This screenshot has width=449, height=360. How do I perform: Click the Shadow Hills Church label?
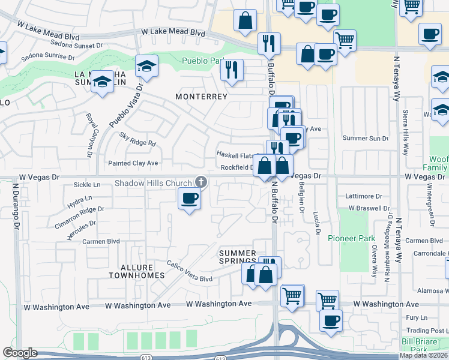[x=154, y=183]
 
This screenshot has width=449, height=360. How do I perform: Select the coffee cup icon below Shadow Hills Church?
[x=190, y=198]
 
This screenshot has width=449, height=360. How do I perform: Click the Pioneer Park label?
[x=351, y=238]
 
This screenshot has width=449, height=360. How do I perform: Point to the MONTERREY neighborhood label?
[x=201, y=97]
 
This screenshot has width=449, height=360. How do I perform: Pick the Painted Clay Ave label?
[x=133, y=163]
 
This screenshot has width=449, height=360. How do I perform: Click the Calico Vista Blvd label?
[x=190, y=278]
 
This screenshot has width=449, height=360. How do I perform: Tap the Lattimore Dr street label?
[x=364, y=196]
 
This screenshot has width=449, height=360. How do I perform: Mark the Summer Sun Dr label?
[x=365, y=139]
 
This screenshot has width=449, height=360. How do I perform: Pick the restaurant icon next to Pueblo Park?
[x=231, y=70]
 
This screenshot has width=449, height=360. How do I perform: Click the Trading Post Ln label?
[x=427, y=331]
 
